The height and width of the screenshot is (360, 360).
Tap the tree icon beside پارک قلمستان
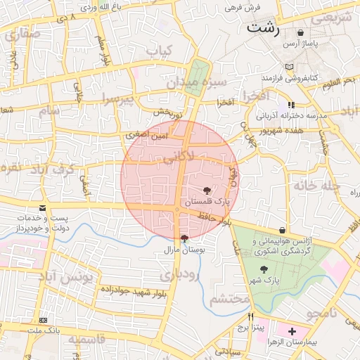[x=207, y=191]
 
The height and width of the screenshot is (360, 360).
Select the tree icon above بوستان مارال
[x=184, y=238]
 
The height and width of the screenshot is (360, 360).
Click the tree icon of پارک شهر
[x=264, y=269]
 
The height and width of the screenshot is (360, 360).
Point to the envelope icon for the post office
[x=44, y=208]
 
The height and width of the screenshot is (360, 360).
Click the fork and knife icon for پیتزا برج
[x=251, y=317]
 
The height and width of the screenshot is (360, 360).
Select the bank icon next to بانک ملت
[x=44, y=320]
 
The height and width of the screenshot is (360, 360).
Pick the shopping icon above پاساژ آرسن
[x=301, y=32]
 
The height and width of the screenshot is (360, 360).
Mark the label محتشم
[x=231, y=300]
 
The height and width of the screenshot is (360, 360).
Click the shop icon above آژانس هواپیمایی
[x=282, y=230]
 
